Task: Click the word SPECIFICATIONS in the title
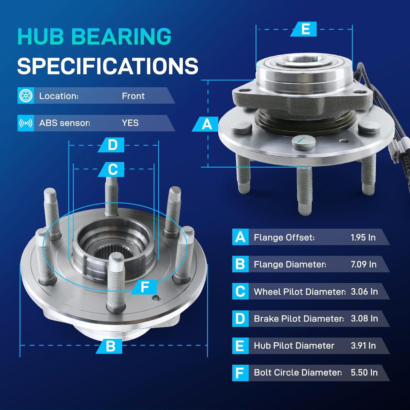[107, 66]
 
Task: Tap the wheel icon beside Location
[26, 96]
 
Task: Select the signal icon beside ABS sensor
[26, 123]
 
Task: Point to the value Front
[133, 96]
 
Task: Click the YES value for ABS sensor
[130, 123]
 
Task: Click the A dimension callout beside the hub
[207, 124]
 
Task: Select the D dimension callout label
[112, 145]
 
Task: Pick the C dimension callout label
[112, 169]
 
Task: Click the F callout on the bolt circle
[145, 287]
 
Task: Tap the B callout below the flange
[110, 346]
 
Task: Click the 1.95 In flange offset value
[363, 237]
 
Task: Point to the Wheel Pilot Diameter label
[300, 292]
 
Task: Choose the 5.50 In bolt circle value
[364, 373]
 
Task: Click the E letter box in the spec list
[240, 346]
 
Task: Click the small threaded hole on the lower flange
[155, 298]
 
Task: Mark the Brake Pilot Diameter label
[299, 319]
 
